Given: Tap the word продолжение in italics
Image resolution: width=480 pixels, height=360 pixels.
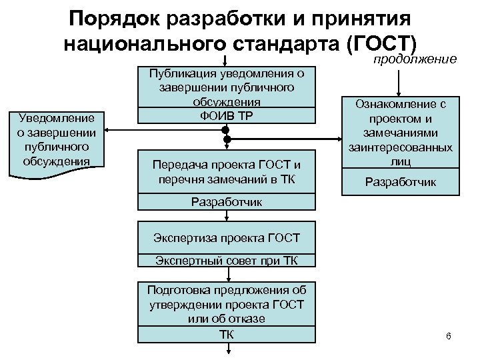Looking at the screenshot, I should tap(415, 59).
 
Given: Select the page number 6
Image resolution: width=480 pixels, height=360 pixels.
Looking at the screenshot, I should tap(448, 335).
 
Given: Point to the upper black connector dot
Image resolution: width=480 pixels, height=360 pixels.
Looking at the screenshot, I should tap(227, 129).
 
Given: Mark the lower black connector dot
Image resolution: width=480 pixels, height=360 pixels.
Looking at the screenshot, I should tap(227, 139).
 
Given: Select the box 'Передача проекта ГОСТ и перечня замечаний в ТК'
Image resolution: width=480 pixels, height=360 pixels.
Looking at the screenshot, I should tap(227, 171).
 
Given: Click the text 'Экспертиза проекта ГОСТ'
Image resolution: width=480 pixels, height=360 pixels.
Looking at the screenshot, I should tap(227, 237).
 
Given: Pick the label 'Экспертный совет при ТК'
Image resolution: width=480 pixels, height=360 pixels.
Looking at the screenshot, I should tap(227, 259).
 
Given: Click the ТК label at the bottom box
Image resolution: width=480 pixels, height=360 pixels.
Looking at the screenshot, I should tap(227, 333).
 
